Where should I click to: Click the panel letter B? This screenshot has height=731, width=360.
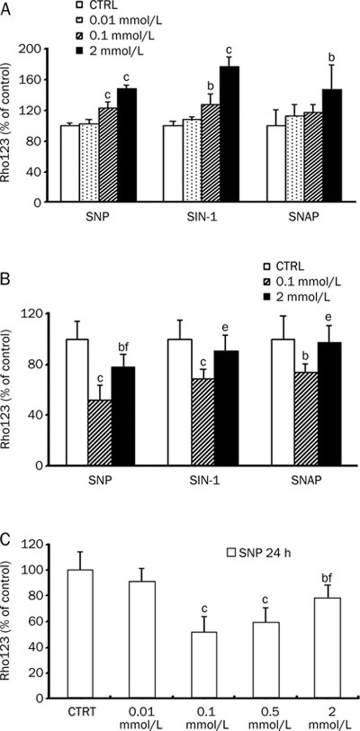6,281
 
